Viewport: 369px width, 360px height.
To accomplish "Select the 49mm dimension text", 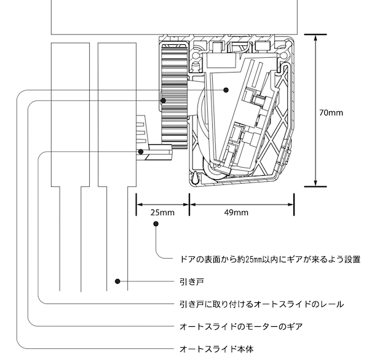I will click(237, 213).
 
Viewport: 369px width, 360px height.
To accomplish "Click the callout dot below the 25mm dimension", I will click(156, 225).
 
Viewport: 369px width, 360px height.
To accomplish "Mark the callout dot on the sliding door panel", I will click(116, 282).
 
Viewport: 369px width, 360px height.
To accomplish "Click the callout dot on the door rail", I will click(141, 151).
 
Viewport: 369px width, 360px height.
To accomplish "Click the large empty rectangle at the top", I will click(175, 15).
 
